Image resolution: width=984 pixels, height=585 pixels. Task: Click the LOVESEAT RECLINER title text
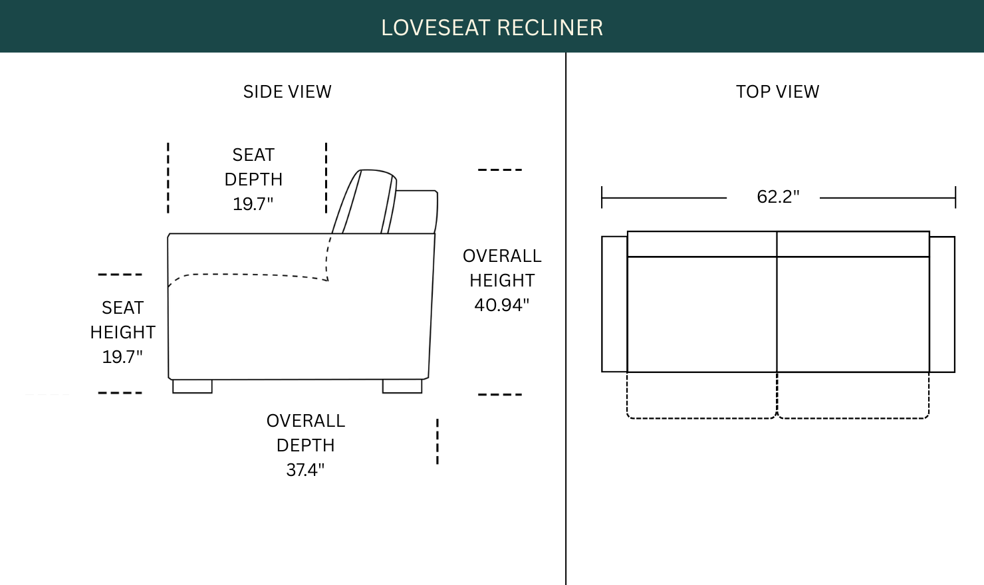pyautogui.click(x=492, y=28)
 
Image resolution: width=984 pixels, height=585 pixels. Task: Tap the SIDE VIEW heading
pyautogui.click(x=287, y=92)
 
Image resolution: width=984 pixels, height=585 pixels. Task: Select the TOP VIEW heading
pyautogui.click(x=777, y=92)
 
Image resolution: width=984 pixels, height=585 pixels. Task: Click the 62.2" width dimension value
pyautogui.click(x=778, y=196)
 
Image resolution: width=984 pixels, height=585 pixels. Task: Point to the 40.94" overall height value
pyautogui.click(x=502, y=304)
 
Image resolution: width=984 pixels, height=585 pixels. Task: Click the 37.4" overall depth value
pyautogui.click(x=305, y=470)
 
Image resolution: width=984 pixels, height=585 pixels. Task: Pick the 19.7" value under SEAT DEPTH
pyautogui.click(x=253, y=204)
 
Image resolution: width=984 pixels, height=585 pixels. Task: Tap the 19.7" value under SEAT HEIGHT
pyautogui.click(x=122, y=356)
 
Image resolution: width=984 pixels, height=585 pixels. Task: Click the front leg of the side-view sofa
pyautogui.click(x=192, y=386)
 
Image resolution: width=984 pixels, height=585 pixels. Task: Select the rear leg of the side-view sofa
pyautogui.click(x=402, y=386)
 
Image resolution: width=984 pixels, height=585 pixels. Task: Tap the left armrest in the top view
pyautogui.click(x=614, y=304)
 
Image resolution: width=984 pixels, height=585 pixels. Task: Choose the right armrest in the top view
pyautogui.click(x=942, y=304)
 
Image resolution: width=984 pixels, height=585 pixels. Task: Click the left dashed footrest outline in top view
pyautogui.click(x=701, y=418)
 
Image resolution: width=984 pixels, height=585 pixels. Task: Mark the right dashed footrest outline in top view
pyautogui.click(x=853, y=418)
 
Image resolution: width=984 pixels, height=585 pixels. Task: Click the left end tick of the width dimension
pyautogui.click(x=602, y=197)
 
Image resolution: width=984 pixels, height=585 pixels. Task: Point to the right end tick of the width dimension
pyautogui.click(x=955, y=197)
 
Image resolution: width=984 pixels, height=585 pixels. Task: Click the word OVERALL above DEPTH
pyautogui.click(x=306, y=421)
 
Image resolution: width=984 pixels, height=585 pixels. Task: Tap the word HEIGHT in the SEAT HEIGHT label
pyautogui.click(x=122, y=332)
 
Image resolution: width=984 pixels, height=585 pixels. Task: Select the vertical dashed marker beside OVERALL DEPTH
pyautogui.click(x=437, y=441)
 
